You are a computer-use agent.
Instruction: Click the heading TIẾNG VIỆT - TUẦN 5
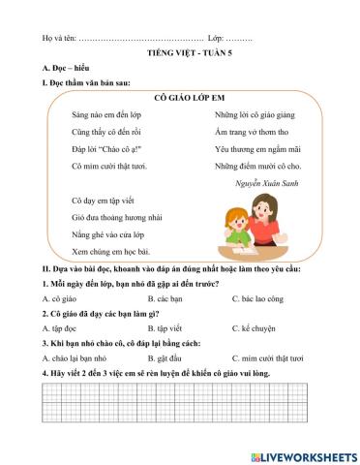(x=179, y=57)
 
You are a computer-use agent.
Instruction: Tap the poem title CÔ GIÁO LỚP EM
(x=179, y=98)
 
